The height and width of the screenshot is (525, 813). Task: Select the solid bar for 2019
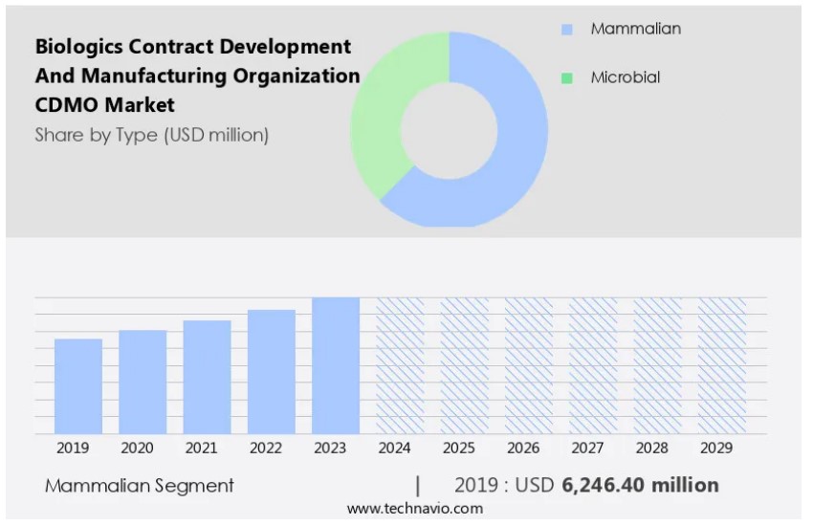78,386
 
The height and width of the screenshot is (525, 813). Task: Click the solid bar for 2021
207,377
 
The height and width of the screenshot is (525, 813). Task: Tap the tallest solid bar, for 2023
336,365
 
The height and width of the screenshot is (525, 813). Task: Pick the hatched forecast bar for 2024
400,365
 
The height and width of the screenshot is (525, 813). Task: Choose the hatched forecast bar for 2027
593,365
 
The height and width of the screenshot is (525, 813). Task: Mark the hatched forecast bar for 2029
722,365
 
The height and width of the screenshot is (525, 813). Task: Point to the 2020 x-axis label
138,448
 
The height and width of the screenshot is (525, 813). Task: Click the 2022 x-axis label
267,448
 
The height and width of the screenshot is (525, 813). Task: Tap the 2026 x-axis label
523,448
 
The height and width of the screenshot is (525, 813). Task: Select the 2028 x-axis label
651,448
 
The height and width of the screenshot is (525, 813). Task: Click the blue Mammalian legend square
566,30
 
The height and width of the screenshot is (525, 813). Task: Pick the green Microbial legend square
566,78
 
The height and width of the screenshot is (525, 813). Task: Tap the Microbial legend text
625,77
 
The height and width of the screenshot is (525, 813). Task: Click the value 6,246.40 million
640,485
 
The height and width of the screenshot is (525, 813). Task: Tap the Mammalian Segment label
140,486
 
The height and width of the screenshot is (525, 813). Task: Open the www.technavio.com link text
414,509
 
